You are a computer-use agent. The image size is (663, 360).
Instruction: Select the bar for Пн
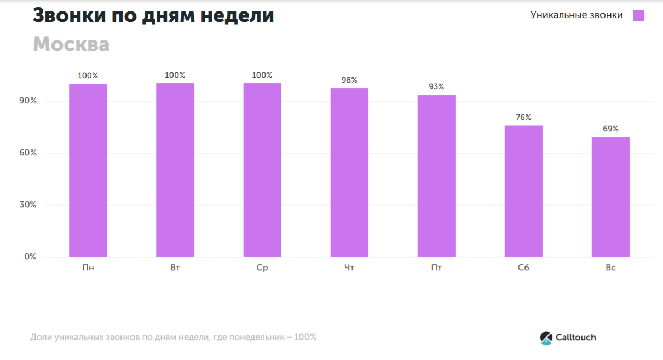coord(88,170)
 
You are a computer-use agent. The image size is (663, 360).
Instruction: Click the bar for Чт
coord(349,172)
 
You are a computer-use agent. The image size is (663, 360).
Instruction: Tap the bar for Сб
coord(523,191)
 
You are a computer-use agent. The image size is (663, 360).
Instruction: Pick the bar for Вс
coord(610,197)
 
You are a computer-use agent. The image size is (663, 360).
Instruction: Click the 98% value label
coord(349,80)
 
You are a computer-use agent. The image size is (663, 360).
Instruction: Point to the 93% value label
coord(436,86)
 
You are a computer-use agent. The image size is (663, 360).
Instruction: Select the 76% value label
coord(523,117)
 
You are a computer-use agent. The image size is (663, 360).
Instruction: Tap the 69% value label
coord(610,129)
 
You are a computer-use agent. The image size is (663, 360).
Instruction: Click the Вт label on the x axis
coord(175,268)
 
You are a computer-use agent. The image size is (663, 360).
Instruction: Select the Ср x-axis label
coord(262,268)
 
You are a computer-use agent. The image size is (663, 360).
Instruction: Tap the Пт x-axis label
coord(436,268)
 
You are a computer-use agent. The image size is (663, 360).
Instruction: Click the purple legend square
coord(638,15)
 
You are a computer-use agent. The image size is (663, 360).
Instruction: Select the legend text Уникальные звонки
coord(576,15)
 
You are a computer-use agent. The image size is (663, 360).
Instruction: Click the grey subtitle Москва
coord(71,44)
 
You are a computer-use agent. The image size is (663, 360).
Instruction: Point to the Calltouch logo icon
coord(546,338)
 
